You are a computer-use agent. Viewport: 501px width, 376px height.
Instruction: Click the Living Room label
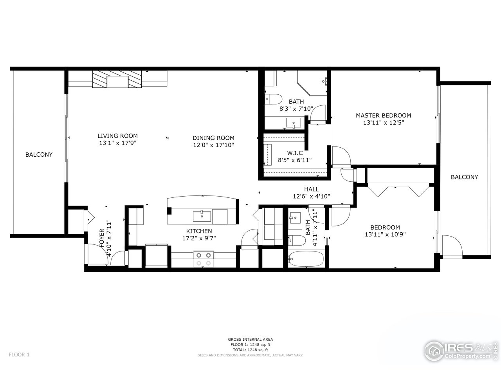117,136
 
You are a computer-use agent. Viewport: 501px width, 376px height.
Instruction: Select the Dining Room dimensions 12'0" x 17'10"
213,145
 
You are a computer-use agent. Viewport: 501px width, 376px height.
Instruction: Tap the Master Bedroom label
383,115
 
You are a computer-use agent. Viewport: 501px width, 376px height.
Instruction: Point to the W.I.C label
295,153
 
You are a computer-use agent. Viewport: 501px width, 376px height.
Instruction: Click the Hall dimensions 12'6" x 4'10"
312,197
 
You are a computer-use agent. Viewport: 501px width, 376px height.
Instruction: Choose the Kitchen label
199,231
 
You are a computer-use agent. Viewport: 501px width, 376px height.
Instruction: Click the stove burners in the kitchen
204,259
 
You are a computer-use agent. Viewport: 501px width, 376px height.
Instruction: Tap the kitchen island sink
202,215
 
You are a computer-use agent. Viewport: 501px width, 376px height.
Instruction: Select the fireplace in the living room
117,81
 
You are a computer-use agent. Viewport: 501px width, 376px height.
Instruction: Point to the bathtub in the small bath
306,258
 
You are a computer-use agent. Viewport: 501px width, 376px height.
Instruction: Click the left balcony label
39,155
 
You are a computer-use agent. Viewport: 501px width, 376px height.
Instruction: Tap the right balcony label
464,177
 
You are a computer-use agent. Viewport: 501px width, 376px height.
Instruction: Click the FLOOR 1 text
19,355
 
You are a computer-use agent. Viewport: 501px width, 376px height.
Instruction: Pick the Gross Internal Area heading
250,339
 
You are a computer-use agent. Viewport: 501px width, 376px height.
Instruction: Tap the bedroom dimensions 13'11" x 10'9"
385,234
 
